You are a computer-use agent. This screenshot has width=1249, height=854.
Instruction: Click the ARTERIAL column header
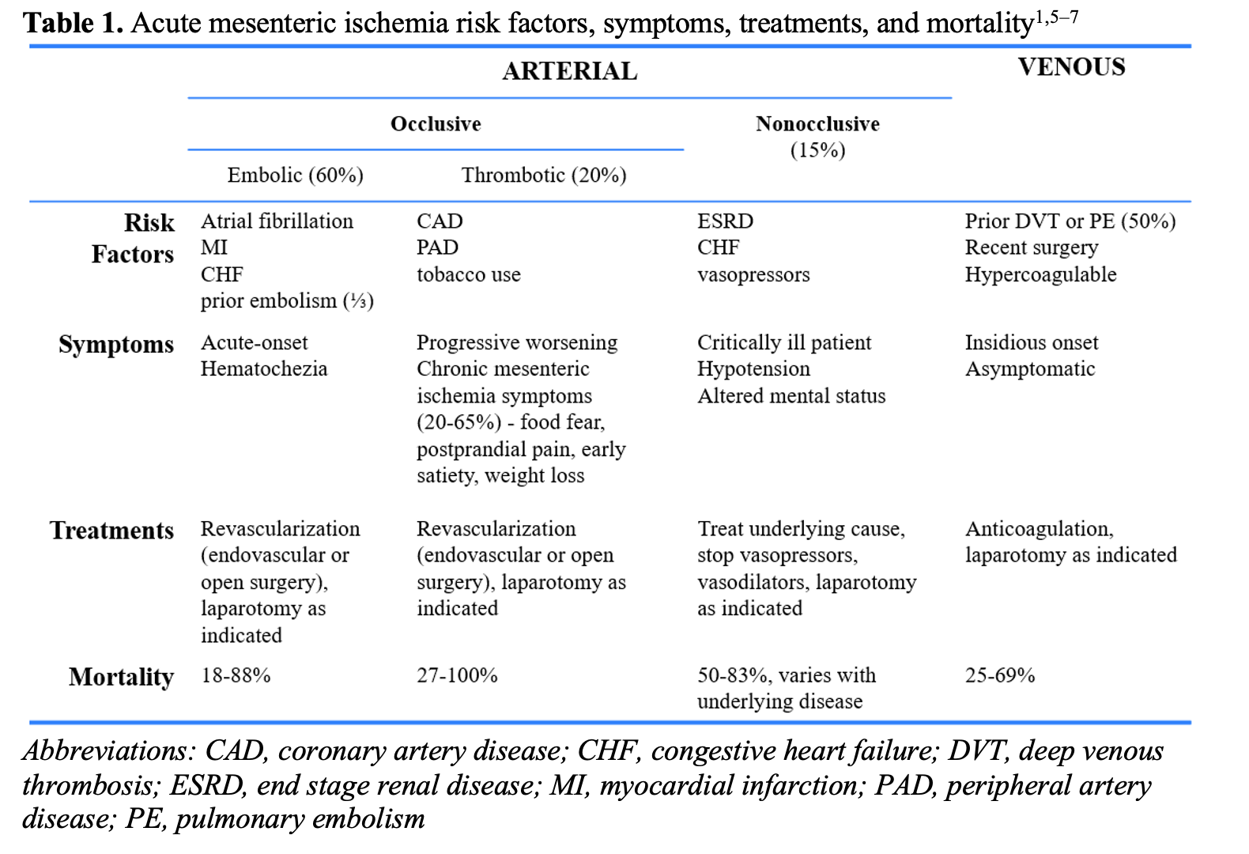point(569,71)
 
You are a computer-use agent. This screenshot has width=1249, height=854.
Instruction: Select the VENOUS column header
point(1072,67)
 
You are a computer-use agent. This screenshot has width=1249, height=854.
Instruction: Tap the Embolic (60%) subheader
point(295,176)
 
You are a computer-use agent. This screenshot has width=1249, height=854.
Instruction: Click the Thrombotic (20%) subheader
point(544,176)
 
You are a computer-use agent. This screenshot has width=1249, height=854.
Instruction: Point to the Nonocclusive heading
point(817,124)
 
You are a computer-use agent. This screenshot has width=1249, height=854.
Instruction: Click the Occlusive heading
point(436,124)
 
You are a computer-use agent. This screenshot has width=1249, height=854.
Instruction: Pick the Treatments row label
point(111,531)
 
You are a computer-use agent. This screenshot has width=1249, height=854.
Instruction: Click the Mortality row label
point(121,678)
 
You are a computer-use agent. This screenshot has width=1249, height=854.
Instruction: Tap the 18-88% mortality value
point(236,675)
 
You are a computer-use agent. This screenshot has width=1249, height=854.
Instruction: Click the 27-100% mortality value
point(457,675)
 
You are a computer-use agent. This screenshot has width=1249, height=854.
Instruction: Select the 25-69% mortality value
point(1000,675)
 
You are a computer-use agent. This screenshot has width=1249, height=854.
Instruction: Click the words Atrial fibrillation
point(277,221)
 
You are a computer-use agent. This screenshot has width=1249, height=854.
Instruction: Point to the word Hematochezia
point(264,368)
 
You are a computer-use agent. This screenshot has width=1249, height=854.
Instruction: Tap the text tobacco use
point(468,274)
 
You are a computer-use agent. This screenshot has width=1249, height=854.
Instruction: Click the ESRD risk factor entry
point(725,221)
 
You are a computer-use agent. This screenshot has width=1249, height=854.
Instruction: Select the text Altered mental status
point(791,395)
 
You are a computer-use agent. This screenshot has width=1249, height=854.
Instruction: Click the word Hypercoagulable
point(1040,275)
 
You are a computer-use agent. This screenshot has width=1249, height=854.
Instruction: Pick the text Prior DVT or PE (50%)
point(1070,221)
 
